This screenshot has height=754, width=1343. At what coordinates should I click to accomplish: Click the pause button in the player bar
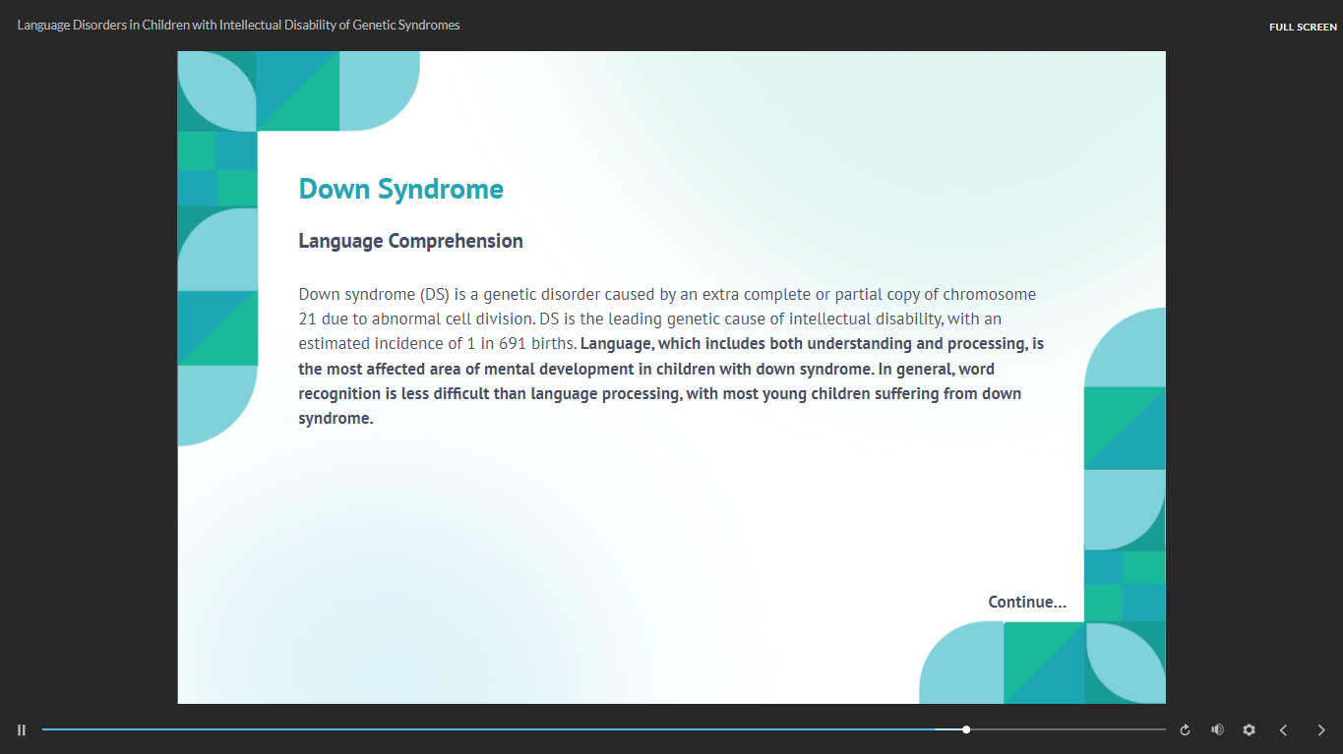[22, 730]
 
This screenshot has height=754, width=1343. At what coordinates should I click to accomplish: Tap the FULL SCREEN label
[1303, 27]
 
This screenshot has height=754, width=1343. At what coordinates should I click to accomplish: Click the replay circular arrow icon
[1185, 730]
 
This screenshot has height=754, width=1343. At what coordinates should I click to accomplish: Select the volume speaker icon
[1217, 729]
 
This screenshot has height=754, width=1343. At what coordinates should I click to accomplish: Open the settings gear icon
[1249, 729]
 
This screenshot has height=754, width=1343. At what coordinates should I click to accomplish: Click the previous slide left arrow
[1283, 730]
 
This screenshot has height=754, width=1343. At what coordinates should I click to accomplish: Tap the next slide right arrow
[1321, 730]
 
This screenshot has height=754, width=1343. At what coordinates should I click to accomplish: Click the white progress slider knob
[966, 729]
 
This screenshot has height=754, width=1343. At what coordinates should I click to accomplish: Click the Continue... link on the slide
[1027, 602]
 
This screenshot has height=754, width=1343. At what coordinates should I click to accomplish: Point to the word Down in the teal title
[334, 190]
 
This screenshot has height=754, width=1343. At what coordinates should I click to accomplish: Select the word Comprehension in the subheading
[456, 242]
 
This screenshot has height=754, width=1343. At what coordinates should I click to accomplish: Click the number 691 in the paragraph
[513, 344]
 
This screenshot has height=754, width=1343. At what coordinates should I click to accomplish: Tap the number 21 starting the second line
[308, 319]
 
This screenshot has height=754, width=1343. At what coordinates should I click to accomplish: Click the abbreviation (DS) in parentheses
[435, 295]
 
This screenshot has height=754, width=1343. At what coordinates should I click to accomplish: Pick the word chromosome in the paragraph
[989, 295]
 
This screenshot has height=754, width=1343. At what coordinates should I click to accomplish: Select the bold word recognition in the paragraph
[339, 394]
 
